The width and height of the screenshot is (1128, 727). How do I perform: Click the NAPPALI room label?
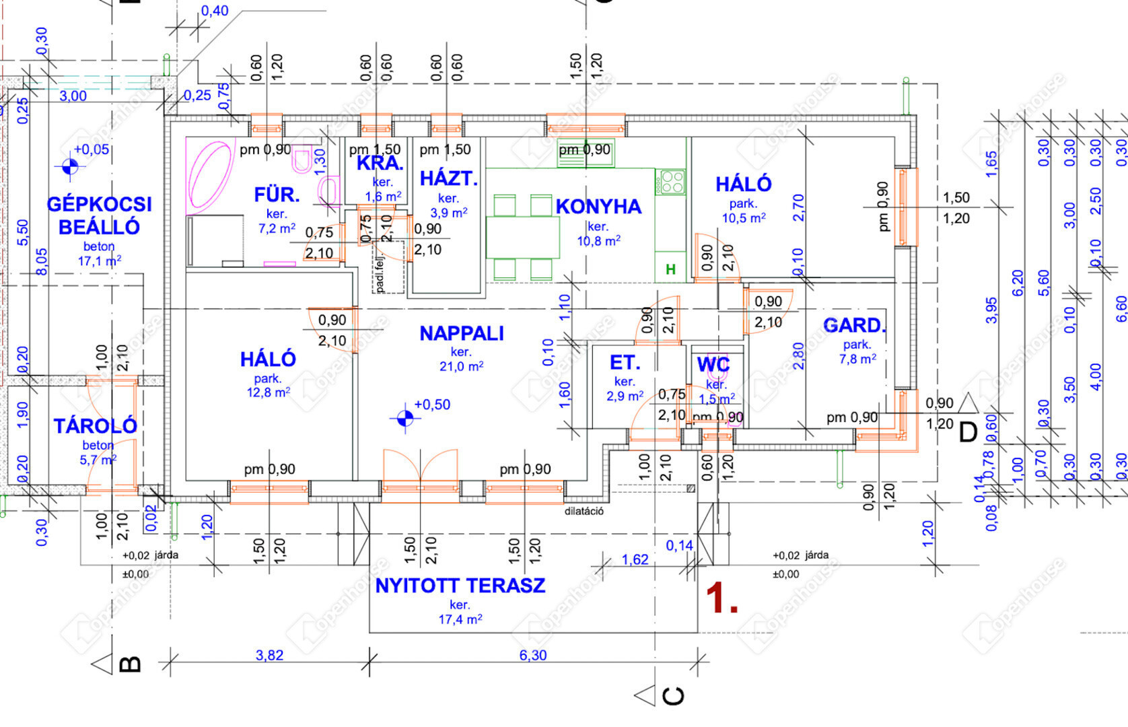pos(462,333)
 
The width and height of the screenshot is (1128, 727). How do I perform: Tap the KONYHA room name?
pos(598,207)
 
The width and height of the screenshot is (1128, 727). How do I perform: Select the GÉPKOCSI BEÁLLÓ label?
pos(99,215)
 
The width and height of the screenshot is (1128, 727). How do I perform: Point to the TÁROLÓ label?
pos(96,425)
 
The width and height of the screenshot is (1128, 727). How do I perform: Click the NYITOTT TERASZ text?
pos(460,586)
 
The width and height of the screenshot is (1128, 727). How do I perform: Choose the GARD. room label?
pos(855,326)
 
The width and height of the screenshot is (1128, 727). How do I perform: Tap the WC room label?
pos(713,365)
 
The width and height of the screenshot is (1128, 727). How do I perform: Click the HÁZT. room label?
pos(449,178)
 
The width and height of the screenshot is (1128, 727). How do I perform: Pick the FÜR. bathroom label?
pos(277,195)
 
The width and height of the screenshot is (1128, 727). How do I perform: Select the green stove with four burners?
pos(672,182)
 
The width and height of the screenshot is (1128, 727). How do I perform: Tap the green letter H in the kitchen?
pos(670,269)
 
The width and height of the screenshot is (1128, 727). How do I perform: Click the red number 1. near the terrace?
pos(721,598)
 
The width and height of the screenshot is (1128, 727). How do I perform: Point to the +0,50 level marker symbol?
pos(404,419)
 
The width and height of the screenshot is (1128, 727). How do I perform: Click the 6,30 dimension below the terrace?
pos(533,655)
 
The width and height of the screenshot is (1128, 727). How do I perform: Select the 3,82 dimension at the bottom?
pos(269,655)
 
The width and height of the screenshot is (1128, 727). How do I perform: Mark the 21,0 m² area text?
pos(462,366)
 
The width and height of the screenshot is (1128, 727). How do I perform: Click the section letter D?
pos(968,432)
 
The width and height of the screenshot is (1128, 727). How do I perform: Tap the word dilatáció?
pos(584,511)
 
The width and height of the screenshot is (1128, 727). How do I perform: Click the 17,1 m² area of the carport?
pos(100,261)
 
